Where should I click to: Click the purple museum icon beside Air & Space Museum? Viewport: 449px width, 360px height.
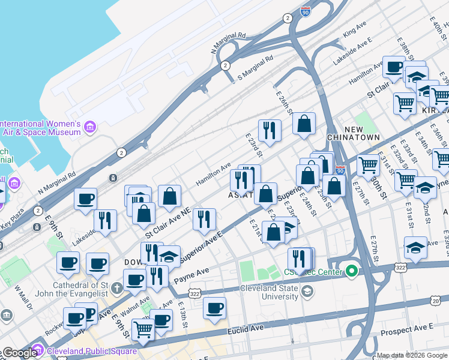[x=90, y=127]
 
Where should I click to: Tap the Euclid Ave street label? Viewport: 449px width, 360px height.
[x=246, y=328]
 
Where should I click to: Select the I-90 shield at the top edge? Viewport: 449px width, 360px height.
[x=306, y=10]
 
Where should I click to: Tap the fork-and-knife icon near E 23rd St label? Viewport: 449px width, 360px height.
[x=270, y=130]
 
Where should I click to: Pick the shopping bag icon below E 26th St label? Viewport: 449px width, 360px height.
[x=304, y=123]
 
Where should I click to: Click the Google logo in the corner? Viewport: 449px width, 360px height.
[x=19, y=353]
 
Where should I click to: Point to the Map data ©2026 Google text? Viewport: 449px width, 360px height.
[x=411, y=355]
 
